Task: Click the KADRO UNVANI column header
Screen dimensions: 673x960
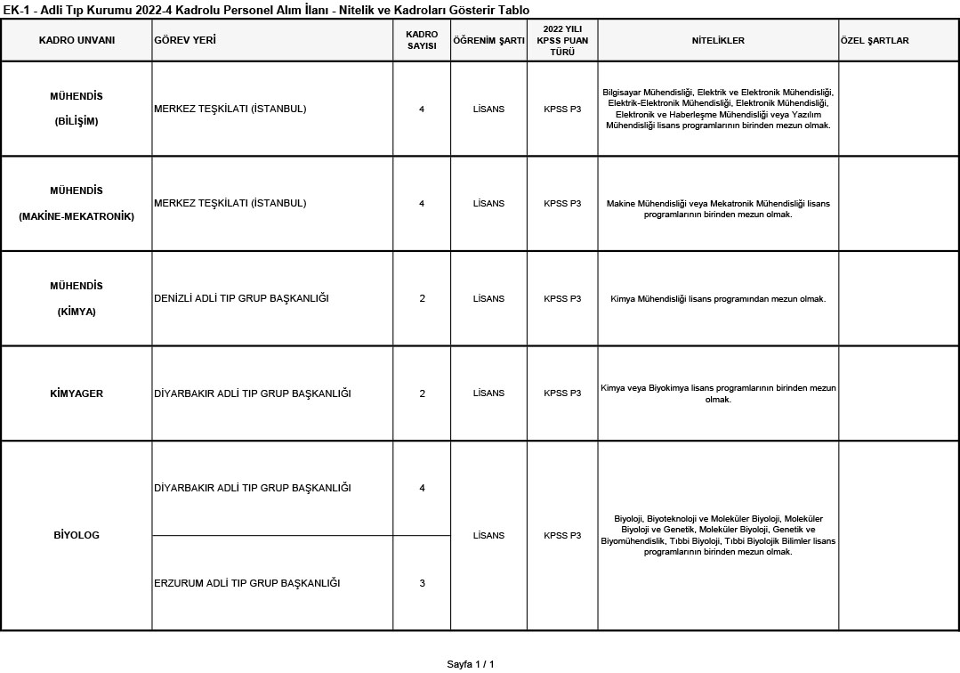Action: coord(77,41)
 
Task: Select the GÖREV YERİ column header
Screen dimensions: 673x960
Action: coord(185,41)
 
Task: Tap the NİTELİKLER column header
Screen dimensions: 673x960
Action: coord(718,41)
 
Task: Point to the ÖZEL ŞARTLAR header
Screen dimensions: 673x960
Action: coord(875,41)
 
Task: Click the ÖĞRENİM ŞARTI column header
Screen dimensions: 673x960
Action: coord(488,41)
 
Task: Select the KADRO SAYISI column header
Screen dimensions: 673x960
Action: coord(422,40)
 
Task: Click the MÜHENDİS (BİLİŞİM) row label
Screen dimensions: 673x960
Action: coord(77,109)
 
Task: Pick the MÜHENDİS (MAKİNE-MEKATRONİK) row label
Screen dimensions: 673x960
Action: coord(77,203)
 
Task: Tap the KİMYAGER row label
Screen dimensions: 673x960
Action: coord(77,393)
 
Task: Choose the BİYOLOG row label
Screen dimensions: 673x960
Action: coord(77,535)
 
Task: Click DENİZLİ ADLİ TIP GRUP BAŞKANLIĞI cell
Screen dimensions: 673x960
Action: coord(241,298)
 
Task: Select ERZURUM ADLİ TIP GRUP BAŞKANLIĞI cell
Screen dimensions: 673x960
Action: coord(247,583)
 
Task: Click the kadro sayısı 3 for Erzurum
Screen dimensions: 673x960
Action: coord(422,583)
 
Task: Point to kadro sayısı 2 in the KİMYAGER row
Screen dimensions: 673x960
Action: coord(422,393)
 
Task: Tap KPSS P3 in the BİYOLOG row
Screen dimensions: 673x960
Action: coord(562,535)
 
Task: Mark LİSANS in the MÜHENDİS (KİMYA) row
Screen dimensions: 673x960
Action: coord(488,298)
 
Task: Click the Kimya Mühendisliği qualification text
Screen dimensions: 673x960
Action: coord(718,299)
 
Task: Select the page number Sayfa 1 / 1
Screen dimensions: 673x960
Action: coord(470,664)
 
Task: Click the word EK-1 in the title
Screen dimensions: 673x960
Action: coord(16,10)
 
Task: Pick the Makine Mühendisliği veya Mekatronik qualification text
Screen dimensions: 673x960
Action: coord(718,209)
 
